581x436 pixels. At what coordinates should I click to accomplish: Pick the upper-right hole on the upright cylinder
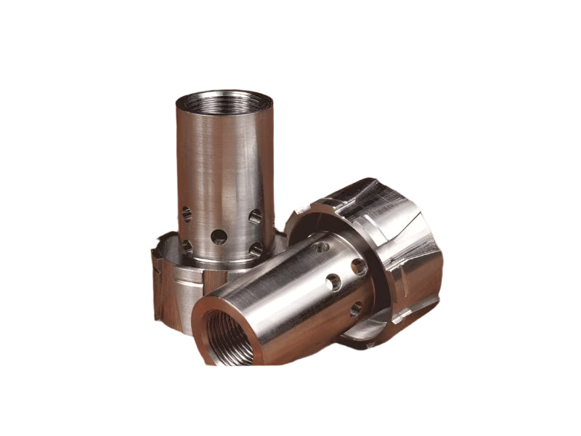[x=255, y=216]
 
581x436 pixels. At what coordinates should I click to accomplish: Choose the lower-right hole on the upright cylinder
[x=256, y=249]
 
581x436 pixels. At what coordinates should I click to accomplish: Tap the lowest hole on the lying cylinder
[x=354, y=310]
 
